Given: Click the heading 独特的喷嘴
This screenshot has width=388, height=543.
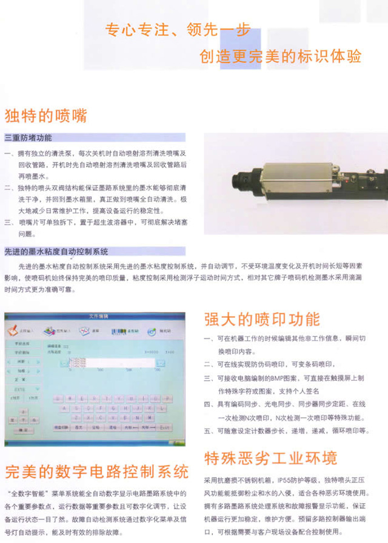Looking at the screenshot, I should pos(45,115).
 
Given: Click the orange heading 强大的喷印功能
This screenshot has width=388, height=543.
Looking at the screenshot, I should pos(261,318).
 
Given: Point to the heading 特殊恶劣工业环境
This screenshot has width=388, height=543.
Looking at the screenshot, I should pos(270,458).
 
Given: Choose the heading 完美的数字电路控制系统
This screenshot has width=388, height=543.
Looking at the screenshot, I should pos(96,471).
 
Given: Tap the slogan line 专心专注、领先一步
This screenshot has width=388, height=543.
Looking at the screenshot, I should pos(177,30).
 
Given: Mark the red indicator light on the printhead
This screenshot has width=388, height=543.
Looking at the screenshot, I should pos(339,176).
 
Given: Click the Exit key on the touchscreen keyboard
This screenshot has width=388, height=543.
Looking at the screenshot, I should pos(165,427).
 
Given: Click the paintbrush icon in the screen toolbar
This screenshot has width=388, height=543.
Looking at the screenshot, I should pos(13,331).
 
